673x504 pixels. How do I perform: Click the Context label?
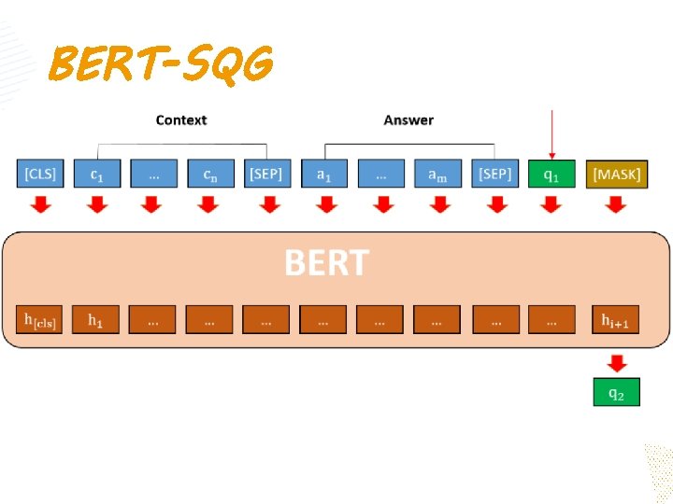point(180,120)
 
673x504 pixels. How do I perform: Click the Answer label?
point(408,120)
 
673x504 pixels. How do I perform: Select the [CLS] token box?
point(40,175)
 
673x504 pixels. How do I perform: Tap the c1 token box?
point(96,175)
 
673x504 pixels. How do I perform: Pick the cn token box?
point(210,175)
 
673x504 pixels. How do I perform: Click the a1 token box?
point(324,175)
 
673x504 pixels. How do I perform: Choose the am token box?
point(437,175)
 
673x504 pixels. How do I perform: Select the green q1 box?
point(551,175)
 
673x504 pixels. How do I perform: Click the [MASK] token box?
point(617,175)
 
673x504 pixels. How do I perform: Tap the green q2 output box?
point(617,392)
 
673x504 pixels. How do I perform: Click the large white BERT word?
point(326,263)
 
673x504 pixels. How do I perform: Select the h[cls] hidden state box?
point(40,320)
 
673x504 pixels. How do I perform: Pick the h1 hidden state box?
point(96,320)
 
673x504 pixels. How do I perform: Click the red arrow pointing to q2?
point(617,362)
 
